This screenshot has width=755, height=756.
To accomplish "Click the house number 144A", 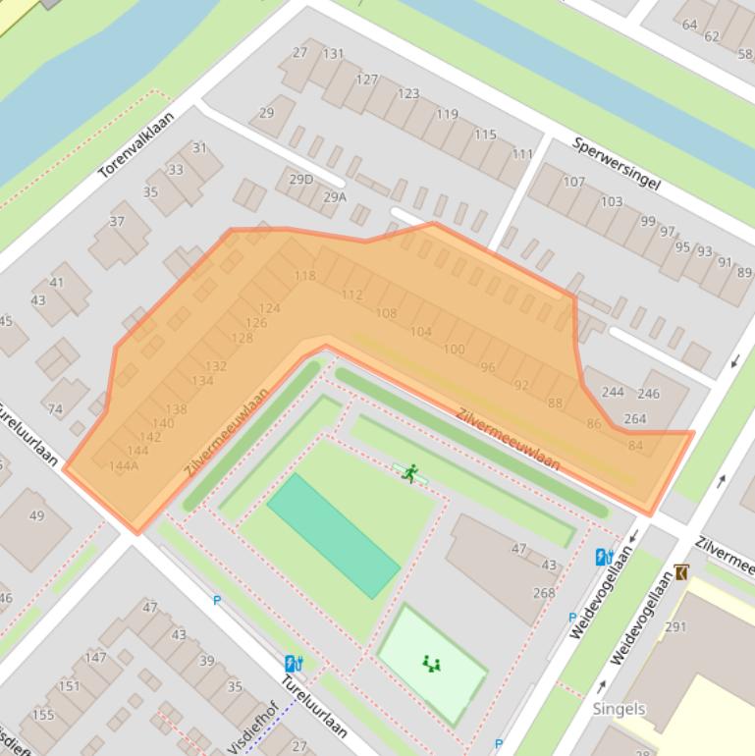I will pyautogui.click(x=123, y=465).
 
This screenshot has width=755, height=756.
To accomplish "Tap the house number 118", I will pyautogui.click(x=305, y=276).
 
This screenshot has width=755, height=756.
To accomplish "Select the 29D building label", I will pyautogui.click(x=300, y=179).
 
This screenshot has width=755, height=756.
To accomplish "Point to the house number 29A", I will pyautogui.click(x=335, y=196).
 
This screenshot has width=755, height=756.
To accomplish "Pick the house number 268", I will pyautogui.click(x=543, y=592).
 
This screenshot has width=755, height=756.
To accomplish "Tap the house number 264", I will pyautogui.click(x=635, y=419).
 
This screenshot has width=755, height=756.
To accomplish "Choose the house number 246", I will pyautogui.click(x=648, y=394).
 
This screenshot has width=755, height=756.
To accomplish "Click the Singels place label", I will pyautogui.click(x=620, y=708).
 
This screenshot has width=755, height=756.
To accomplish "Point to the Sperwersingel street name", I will pyautogui.click(x=616, y=163).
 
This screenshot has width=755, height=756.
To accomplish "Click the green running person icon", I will pyautogui.click(x=409, y=473).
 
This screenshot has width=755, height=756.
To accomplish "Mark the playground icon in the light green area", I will pyautogui.click(x=430, y=665).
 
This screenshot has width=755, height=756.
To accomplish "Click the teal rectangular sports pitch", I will pyautogui.click(x=333, y=535).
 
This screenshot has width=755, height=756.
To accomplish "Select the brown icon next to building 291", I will pyautogui.click(x=681, y=572).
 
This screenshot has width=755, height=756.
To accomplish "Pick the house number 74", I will pyautogui.click(x=55, y=409).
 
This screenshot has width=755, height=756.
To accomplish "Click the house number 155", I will pyautogui.click(x=43, y=715).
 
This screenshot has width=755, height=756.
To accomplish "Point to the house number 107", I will pyautogui.click(x=573, y=182).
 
